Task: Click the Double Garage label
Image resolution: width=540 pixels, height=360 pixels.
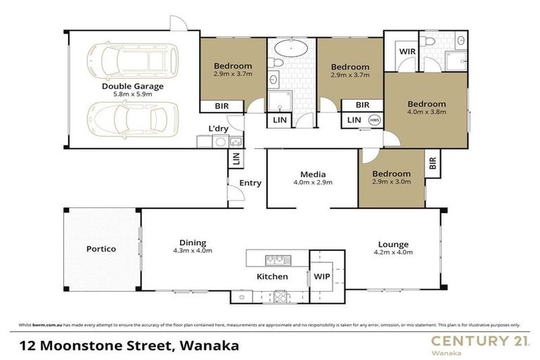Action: [132, 86]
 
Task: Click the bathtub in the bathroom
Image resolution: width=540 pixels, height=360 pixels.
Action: [291, 49]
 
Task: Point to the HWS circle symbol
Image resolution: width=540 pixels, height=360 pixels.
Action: [373, 120]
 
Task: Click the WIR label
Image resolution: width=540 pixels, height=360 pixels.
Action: [406, 52]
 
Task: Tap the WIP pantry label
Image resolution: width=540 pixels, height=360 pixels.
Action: [322, 276]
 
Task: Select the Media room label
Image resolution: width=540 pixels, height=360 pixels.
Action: [311, 174]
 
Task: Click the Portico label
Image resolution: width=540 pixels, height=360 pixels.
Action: [101, 249]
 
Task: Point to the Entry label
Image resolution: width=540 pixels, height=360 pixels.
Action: [250, 183]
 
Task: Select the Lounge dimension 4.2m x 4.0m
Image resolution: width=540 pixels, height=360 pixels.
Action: [391, 251]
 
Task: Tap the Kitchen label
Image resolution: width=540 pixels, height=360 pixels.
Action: [271, 276]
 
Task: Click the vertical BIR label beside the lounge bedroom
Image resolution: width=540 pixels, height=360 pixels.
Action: [432, 164]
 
